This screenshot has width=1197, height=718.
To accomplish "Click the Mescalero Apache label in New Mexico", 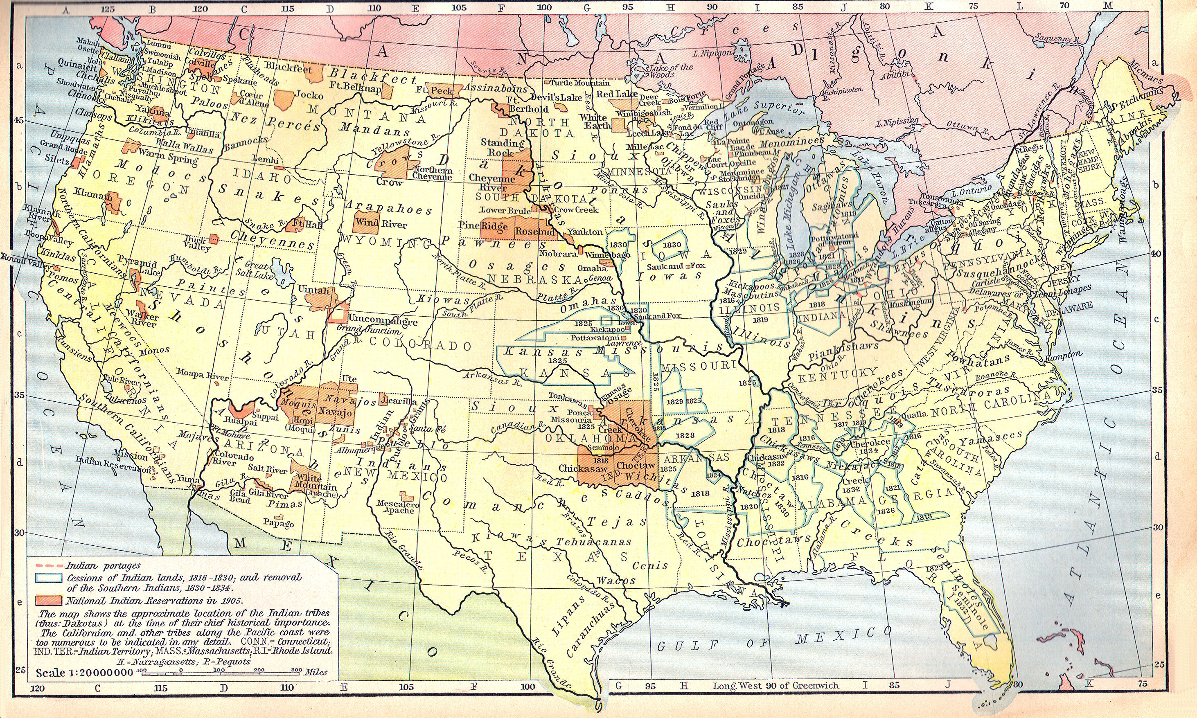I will point(395,506).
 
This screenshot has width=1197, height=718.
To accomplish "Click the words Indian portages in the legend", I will point(103,565).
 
